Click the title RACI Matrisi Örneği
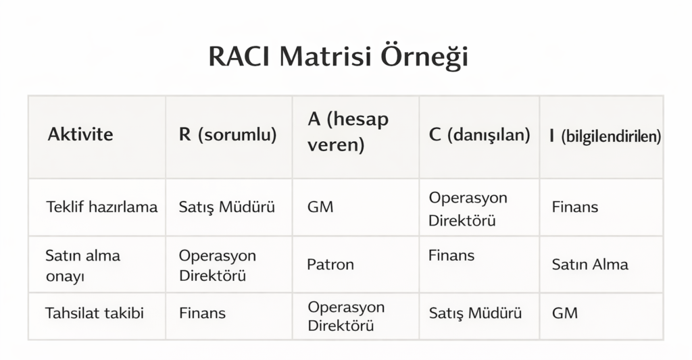tap(338, 57)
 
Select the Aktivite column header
tap(80, 134)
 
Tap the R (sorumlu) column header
tap(228, 134)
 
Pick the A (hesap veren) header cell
tap(349, 132)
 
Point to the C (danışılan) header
tap(479, 134)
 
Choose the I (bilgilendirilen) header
tap(605, 136)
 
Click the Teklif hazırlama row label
tap(101, 207)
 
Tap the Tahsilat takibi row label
tap(95, 313)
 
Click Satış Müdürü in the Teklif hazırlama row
tap(227, 207)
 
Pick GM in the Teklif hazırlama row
tap(320, 207)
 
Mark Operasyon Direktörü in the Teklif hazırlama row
tap(468, 209)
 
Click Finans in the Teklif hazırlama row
tap(574, 207)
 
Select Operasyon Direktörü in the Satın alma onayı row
tap(218, 265)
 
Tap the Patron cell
tap(330, 264)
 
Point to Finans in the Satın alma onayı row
tap(451, 255)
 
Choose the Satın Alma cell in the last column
tap(590, 264)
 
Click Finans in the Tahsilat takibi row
tap(202, 313)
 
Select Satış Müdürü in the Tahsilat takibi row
tap(476, 313)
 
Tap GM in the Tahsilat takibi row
tap(565, 313)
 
